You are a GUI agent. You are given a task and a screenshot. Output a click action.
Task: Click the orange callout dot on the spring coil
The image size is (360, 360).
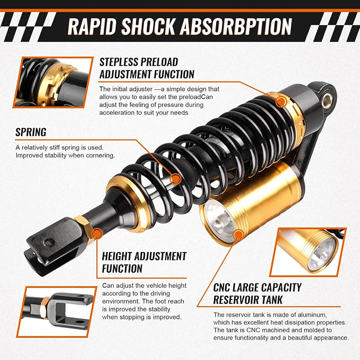pyautogui.click(x=176, y=180)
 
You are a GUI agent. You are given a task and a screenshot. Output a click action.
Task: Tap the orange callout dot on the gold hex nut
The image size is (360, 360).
pyautogui.click(x=96, y=233)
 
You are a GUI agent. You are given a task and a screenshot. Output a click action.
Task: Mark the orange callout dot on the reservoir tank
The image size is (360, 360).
pyautogui.click(x=238, y=234)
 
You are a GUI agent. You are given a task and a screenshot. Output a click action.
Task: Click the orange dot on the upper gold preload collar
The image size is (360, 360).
pyautogui.click(x=281, y=102)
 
